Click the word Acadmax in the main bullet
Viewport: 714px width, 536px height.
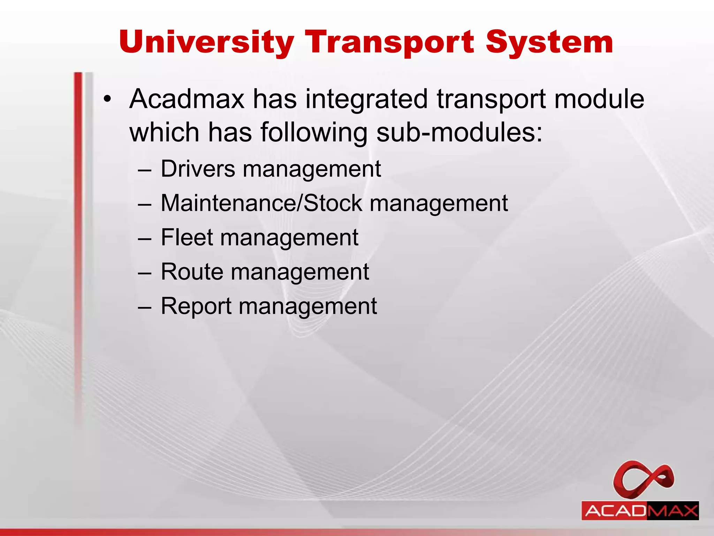tap(187, 99)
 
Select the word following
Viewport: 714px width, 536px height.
tap(314, 133)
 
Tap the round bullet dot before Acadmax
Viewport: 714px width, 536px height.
tap(107, 99)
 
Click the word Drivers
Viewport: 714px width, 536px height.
tap(198, 169)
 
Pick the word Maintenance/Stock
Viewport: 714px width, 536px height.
tap(261, 203)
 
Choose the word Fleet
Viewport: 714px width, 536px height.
tap(187, 237)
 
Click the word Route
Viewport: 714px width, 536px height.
tap(192, 271)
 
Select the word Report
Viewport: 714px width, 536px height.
tap(196, 306)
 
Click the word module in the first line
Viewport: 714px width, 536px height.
tap(599, 99)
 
